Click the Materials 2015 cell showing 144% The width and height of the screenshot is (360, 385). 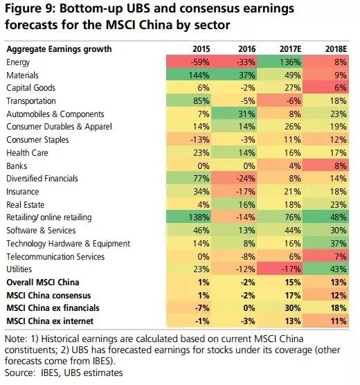point(201,75)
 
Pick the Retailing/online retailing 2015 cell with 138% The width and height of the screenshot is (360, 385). point(201,217)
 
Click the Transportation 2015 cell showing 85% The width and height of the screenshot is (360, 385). point(201,100)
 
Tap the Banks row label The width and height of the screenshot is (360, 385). point(18,165)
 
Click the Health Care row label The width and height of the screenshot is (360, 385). point(27,152)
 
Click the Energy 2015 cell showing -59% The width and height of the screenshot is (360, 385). point(201,62)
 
